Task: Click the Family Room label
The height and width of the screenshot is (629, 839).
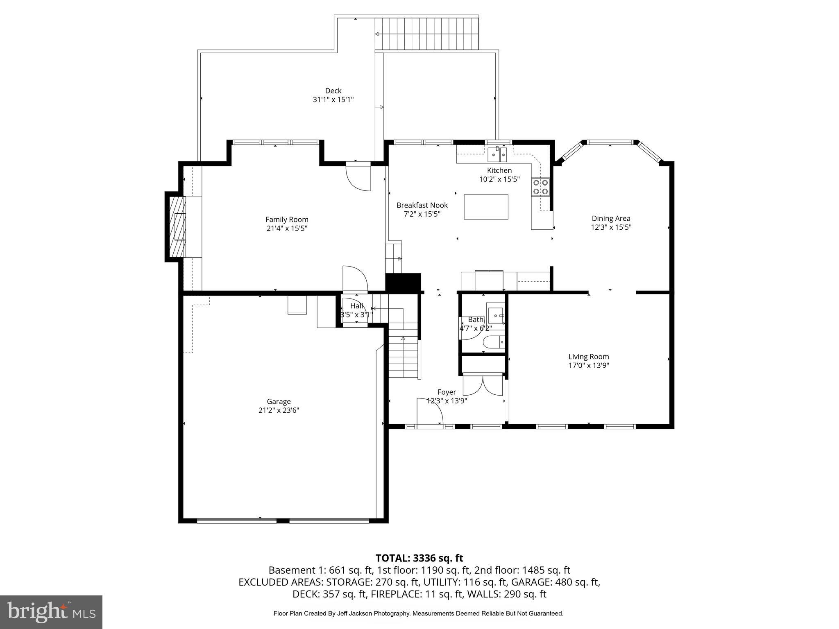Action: click(287, 219)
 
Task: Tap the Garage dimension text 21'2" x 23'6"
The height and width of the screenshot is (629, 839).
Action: click(279, 410)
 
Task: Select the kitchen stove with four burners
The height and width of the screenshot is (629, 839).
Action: click(541, 187)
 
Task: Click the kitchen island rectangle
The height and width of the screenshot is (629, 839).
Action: click(486, 207)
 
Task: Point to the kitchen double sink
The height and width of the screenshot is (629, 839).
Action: click(497, 154)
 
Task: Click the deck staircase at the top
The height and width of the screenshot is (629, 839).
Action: click(427, 34)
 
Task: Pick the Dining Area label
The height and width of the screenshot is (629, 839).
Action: click(611, 218)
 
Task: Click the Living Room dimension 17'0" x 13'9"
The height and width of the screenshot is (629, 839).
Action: click(589, 366)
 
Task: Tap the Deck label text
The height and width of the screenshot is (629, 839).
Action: click(333, 91)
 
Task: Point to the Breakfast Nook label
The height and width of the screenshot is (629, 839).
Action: click(422, 205)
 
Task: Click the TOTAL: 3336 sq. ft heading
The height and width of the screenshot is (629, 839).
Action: click(419, 558)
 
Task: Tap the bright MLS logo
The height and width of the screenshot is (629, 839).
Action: click(51, 612)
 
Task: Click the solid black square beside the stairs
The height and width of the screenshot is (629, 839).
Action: click(404, 282)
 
